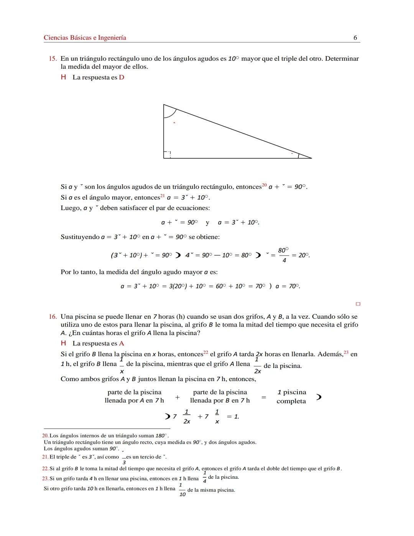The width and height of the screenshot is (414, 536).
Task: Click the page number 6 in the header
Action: (355, 38)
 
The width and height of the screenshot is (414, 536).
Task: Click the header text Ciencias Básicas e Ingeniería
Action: (85, 38)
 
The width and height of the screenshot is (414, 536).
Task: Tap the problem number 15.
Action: (53, 59)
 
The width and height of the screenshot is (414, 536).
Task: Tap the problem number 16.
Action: (53, 317)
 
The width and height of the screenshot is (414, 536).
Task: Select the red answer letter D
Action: (122, 78)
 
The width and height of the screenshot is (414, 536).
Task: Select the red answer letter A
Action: (122, 343)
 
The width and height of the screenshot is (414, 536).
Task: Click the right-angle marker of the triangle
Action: (167, 154)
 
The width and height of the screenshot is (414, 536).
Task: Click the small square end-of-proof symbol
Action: (358, 304)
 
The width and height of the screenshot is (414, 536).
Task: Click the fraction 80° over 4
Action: (283, 255)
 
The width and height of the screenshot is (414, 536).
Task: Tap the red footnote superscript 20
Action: (264, 185)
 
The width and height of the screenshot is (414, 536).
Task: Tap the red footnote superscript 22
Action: (205, 352)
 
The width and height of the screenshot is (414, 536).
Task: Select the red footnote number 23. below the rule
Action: (45, 478)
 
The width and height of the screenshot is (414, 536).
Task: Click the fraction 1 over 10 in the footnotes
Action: (182, 490)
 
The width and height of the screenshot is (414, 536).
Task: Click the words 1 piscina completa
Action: (291, 397)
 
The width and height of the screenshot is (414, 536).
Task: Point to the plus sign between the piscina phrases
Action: (177, 397)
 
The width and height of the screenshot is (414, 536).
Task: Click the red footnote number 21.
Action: (45, 457)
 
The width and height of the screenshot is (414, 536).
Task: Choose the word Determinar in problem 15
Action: (342, 59)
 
